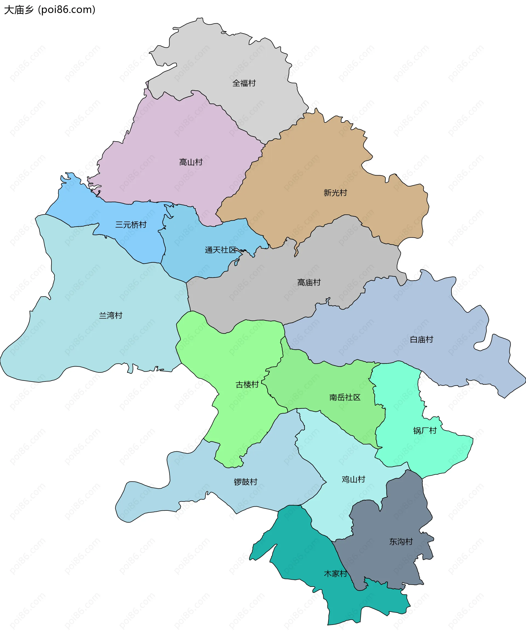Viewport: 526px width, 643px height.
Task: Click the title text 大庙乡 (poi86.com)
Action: (x=50, y=10)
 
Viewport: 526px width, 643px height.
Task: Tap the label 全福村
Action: (x=244, y=83)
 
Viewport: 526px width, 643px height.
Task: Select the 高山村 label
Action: (x=191, y=162)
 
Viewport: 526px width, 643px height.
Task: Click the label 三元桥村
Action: (x=131, y=225)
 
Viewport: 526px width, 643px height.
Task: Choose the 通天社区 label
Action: (x=220, y=250)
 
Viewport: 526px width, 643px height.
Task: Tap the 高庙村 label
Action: (x=309, y=282)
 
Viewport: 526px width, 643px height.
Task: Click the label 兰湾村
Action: (x=111, y=315)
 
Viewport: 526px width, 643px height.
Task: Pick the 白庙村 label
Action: (x=421, y=339)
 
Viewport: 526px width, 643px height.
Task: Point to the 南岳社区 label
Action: (x=345, y=397)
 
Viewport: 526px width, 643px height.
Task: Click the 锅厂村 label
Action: (x=425, y=430)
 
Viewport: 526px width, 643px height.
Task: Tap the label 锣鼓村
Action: (x=245, y=482)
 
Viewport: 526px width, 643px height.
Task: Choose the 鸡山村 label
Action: (x=353, y=479)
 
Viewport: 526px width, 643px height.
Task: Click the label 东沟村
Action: (x=401, y=541)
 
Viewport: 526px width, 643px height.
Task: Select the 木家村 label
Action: (x=335, y=573)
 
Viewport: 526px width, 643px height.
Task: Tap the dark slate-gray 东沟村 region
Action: (x=394, y=515)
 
